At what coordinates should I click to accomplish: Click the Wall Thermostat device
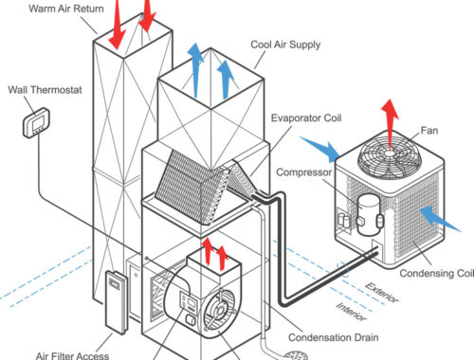pyautogui.click(x=36, y=123)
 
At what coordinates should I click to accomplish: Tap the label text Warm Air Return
pyautogui.click(x=66, y=9)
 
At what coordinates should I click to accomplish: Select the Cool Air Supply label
pyautogui.click(x=285, y=45)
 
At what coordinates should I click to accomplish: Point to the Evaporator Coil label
pyautogui.click(x=306, y=118)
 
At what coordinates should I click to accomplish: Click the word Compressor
pyautogui.click(x=304, y=172)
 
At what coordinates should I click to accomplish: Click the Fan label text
pyautogui.click(x=429, y=130)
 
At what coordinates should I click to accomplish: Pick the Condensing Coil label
pyautogui.click(x=437, y=273)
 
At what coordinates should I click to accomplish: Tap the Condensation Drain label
pyautogui.click(x=334, y=337)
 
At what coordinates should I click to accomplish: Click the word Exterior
pyautogui.click(x=382, y=293)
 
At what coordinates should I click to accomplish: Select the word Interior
pyautogui.click(x=351, y=312)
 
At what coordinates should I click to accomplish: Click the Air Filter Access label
pyautogui.click(x=72, y=356)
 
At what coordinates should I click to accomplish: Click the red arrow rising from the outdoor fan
pyautogui.click(x=390, y=125)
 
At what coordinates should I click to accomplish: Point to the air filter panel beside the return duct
pyautogui.click(x=117, y=302)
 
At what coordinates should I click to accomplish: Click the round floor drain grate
pyautogui.click(x=296, y=355)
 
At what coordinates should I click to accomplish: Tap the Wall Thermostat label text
pyautogui.click(x=45, y=90)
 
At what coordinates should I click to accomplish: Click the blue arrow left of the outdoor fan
pyautogui.click(x=319, y=149)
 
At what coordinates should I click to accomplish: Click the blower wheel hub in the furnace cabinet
pyautogui.click(x=219, y=311)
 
